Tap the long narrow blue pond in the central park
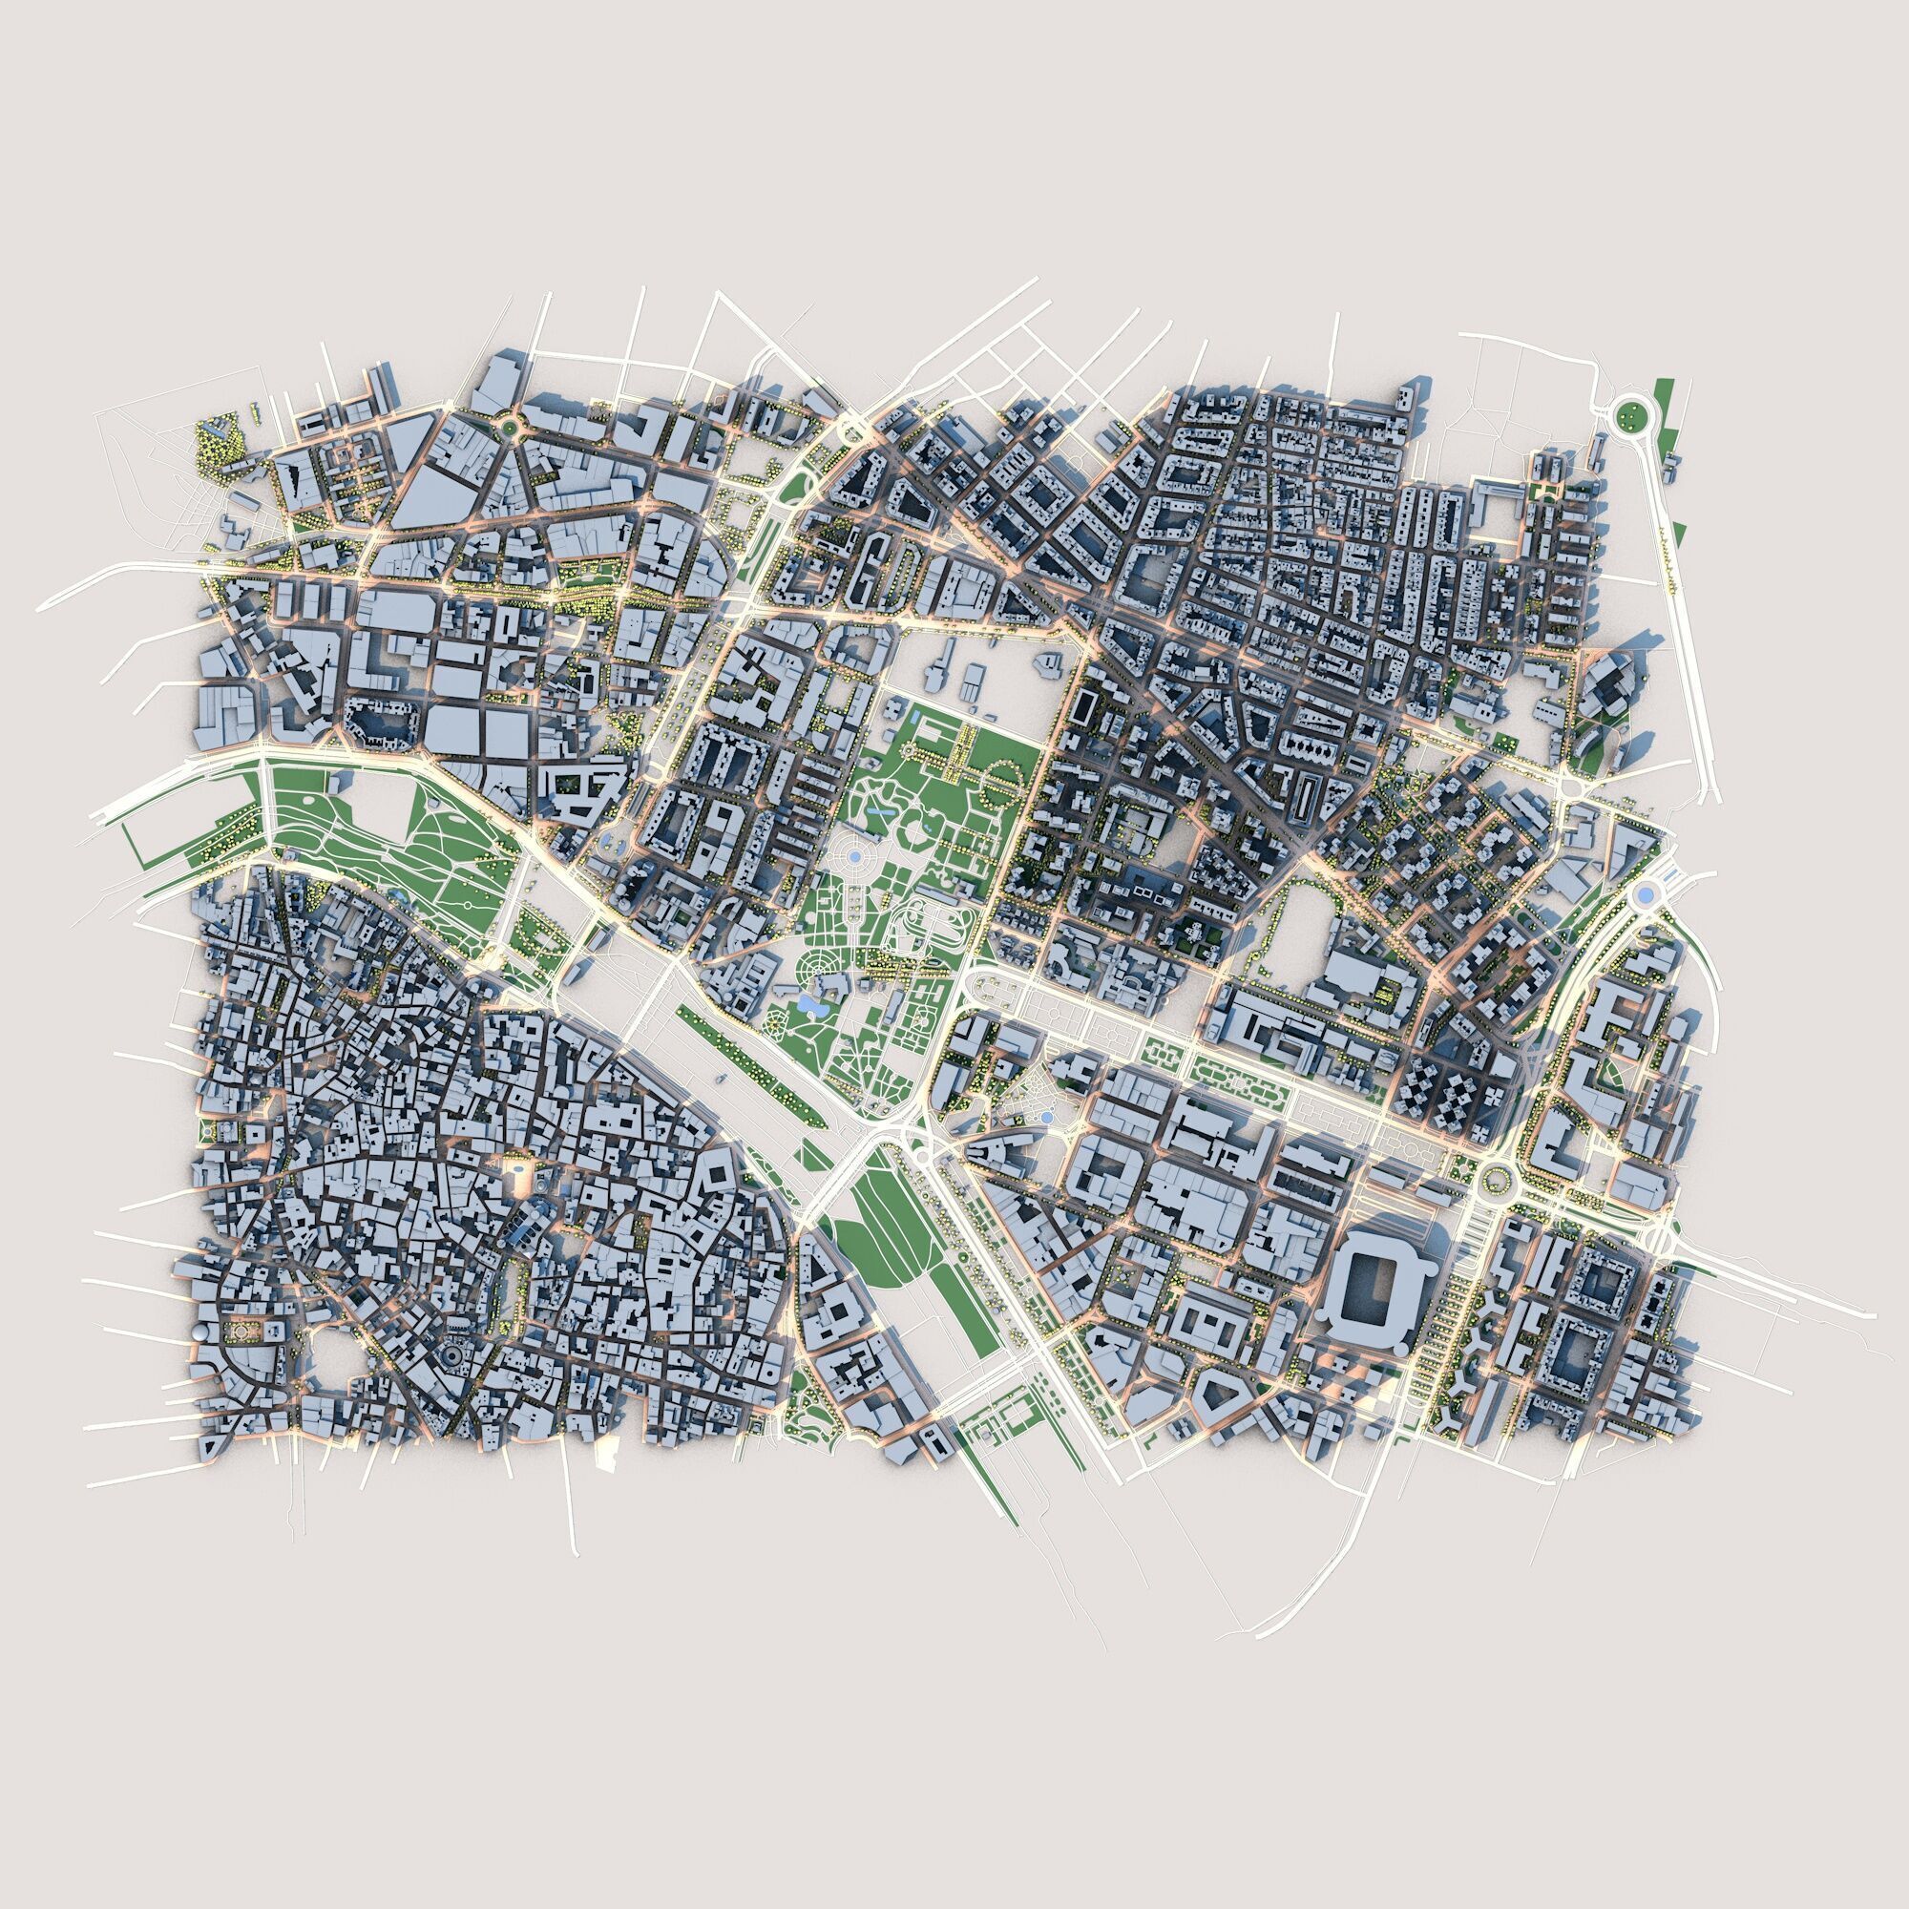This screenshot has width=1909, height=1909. tap(876, 809)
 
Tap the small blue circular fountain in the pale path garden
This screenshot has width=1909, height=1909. tap(1046, 1117)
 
